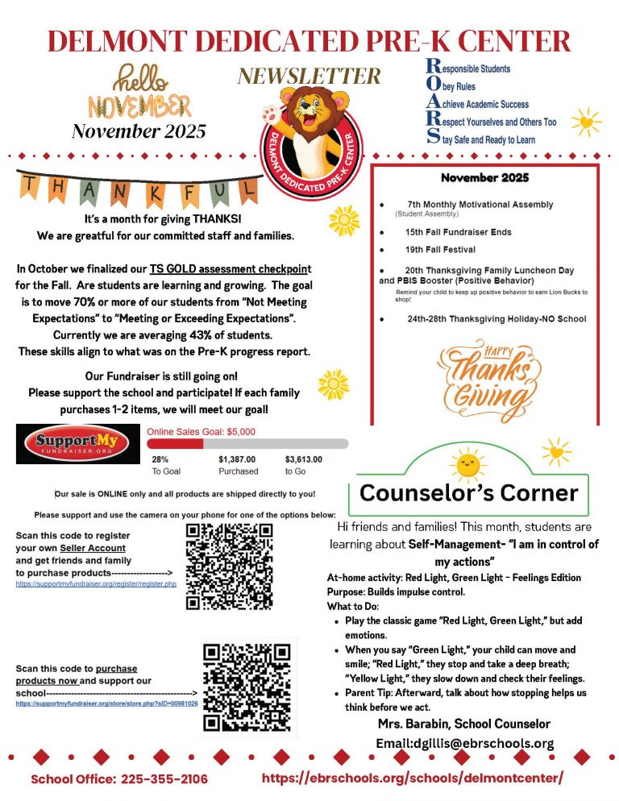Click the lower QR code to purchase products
coord(246,687)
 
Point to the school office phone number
coord(119,779)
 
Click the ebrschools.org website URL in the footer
coord(413,778)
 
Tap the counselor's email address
coord(464,743)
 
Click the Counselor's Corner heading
coord(468,492)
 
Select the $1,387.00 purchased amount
coord(239,459)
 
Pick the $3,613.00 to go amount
coord(304,459)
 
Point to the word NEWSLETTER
coord(309,76)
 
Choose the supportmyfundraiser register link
coord(96,583)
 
